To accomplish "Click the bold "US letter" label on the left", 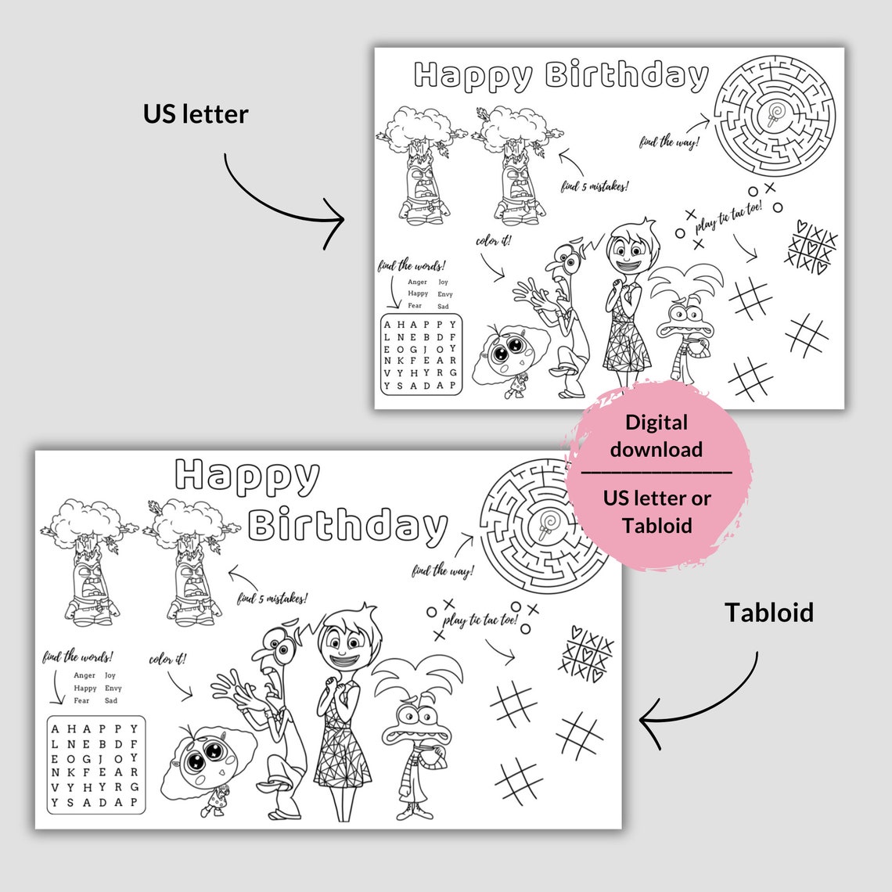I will [x=196, y=114].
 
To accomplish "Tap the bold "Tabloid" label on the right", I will [x=768, y=613].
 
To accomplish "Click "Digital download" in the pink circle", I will [x=656, y=436].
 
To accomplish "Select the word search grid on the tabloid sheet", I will [x=95, y=764].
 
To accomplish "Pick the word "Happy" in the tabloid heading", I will [x=247, y=476].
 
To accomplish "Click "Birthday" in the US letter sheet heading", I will [x=626, y=76].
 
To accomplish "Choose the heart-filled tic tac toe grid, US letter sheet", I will [x=811, y=246].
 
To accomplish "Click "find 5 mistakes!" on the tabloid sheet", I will [x=272, y=599].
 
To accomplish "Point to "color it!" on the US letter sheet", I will [x=494, y=240].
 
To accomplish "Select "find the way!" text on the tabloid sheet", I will [x=443, y=570].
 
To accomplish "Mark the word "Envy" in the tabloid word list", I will [x=113, y=688].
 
